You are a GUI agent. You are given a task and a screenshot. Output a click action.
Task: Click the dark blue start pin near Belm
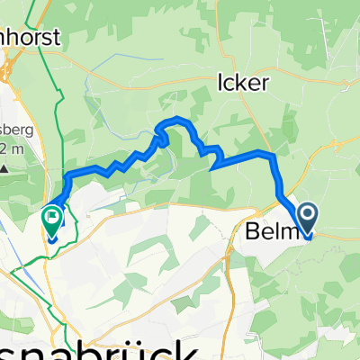(x=308, y=217)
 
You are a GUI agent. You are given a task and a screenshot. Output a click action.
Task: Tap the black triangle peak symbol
(x=4, y=167)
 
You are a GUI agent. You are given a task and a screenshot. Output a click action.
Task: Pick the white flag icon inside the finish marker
(x=52, y=214)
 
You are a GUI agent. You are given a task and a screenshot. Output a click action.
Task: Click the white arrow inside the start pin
(x=308, y=214)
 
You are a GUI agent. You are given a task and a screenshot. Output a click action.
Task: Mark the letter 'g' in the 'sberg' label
(x=29, y=130)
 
